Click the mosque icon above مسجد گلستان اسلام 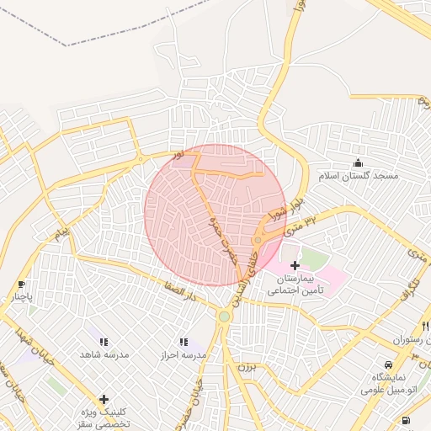click(359, 162)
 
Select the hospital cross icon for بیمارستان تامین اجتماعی click(295, 265)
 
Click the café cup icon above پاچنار click(21, 285)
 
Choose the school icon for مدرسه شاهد click(104, 342)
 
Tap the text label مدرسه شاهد click(105, 355)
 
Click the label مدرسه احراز click(185, 355)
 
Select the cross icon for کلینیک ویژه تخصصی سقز click(104, 399)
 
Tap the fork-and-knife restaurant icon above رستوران click(424, 326)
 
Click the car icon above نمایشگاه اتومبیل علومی click(388, 364)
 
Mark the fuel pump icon click(407, 419)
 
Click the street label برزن click(245, 367)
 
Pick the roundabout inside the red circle click(258, 241)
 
